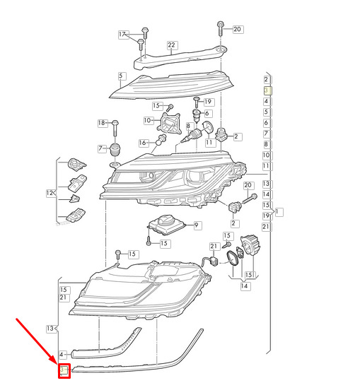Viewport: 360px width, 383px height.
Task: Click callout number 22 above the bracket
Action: (x=171, y=45)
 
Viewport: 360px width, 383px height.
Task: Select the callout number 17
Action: (x=122, y=34)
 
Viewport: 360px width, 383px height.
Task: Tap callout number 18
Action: (x=101, y=123)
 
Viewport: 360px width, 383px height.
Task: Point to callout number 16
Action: (x=142, y=143)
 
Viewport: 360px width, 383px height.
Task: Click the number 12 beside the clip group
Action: (x=50, y=193)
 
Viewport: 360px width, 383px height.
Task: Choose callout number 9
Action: (x=196, y=225)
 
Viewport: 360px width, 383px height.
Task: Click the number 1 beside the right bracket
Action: (x=277, y=211)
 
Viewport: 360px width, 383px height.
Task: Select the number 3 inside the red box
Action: (x=62, y=370)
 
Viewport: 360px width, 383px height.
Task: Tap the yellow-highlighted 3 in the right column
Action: (x=266, y=90)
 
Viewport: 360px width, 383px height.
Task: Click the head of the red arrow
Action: (x=57, y=363)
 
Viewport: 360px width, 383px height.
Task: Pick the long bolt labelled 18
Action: (x=115, y=129)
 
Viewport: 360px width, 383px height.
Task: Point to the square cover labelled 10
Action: (x=169, y=124)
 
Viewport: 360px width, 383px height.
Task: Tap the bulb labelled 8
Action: (x=191, y=136)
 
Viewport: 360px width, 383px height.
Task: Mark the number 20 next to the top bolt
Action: (x=237, y=29)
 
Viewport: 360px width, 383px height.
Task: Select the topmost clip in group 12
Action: (x=77, y=164)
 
